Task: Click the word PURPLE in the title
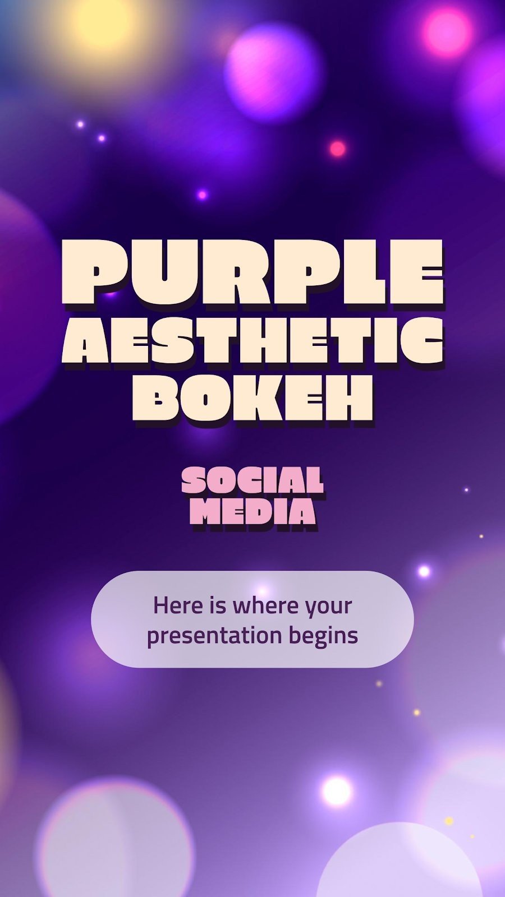252,273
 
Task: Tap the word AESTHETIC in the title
252,340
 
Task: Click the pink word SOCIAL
252,480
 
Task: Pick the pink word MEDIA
252,511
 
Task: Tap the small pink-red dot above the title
337,149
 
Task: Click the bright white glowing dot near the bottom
337,790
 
